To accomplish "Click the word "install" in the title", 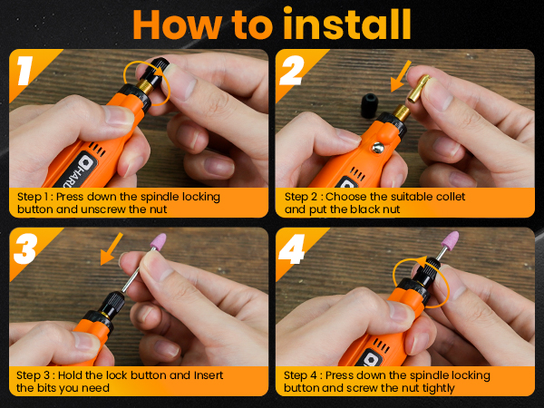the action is point(347,24).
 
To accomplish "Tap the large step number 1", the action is point(25,71).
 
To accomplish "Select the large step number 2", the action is point(292,71).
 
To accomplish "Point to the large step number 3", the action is point(25,248).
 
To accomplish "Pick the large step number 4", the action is point(292,248).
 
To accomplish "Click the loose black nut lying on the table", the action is point(369,105).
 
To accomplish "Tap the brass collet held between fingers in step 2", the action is point(418,89).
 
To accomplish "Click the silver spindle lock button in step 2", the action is point(378,148).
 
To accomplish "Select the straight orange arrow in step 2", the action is point(401,76).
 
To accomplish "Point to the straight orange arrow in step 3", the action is point(112,248).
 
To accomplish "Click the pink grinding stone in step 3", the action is point(158,241).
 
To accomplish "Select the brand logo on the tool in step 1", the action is point(84,162).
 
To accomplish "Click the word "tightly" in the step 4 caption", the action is point(438,388).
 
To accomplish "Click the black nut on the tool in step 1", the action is point(157,72).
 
